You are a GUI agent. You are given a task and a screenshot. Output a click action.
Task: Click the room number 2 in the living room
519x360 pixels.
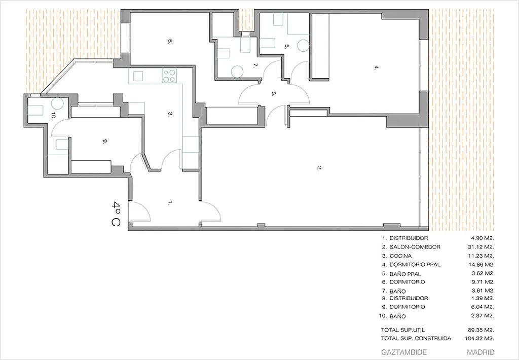pos(319,168)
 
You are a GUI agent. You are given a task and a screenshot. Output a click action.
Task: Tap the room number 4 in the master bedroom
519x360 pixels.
pos(376,67)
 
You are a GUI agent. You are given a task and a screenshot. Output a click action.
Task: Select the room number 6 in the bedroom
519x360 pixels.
pos(169,42)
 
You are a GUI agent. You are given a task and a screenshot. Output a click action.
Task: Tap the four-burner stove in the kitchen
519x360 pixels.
pos(169,77)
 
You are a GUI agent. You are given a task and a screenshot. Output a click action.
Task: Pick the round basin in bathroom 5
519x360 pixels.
pos(303,45)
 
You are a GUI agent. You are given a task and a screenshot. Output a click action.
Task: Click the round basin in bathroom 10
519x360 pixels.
pos(57,103)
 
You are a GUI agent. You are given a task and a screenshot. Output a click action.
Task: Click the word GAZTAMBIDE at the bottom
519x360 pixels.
pos(403,352)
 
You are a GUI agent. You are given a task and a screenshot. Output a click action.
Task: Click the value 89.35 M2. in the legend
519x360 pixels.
pos(481,329)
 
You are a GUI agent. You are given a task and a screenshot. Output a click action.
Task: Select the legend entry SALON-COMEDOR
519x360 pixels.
pos(411,247)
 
